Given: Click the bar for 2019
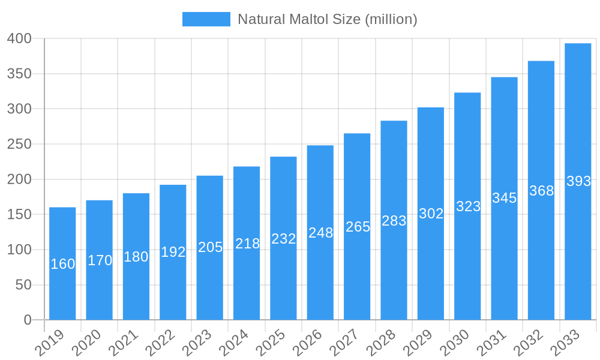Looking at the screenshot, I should (62, 263).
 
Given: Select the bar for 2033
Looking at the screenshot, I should (578, 181).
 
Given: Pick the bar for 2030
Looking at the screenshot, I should (467, 206).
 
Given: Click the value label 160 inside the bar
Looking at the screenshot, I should (62, 264).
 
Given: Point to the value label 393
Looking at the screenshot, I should (578, 181).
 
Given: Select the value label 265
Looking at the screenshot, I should (358, 227).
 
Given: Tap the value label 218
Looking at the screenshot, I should (247, 244).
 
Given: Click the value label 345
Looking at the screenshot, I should (504, 198).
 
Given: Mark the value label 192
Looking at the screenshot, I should (173, 252).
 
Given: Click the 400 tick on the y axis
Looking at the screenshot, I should (19, 39).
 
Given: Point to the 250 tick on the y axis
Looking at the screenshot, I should (19, 145).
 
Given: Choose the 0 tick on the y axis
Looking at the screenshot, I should (28, 320).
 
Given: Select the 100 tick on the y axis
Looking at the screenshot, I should (19, 250).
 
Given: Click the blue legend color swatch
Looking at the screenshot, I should (206, 19).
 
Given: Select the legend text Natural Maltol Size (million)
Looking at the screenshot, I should (327, 19).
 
